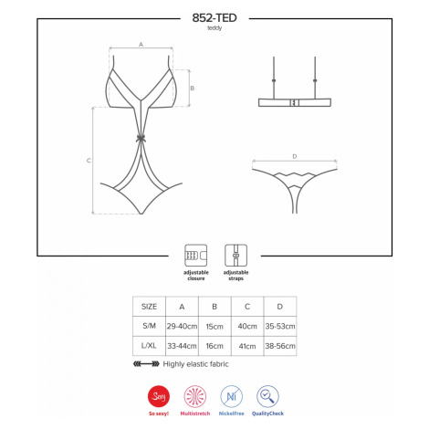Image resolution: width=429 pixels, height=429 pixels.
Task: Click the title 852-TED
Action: (214, 17)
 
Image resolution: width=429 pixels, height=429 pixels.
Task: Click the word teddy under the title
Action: (214, 28)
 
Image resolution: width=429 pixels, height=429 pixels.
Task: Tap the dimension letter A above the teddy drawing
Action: (141, 45)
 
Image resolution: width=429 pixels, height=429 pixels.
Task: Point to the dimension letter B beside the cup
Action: (192, 88)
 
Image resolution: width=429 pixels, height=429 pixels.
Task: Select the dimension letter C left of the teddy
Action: (89, 161)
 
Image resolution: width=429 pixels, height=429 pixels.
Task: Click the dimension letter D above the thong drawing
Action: (294, 156)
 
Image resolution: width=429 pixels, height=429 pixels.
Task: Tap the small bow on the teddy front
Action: (141, 139)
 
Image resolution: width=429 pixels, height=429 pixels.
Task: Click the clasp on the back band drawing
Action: (294, 103)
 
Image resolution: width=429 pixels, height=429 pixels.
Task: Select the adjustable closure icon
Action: (195, 256)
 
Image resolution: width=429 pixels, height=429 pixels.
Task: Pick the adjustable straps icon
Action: (235, 256)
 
